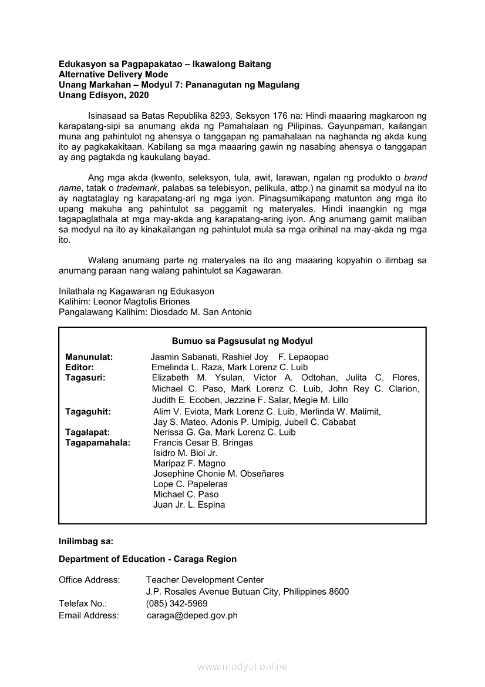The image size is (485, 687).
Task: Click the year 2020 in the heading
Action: click(x=139, y=95)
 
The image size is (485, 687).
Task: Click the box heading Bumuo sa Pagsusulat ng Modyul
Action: click(x=242, y=341)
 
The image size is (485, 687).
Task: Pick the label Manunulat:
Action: click(x=89, y=357)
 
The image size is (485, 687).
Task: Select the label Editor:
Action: click(x=79, y=367)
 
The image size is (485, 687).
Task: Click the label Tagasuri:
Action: click(x=85, y=377)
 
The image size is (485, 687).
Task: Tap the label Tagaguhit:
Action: click(x=87, y=412)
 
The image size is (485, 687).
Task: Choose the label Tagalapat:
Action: click(x=87, y=432)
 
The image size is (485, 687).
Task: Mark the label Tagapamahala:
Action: click(x=97, y=443)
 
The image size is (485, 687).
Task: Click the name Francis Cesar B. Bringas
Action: click(x=203, y=443)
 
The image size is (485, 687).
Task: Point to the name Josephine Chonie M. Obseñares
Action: click(x=218, y=474)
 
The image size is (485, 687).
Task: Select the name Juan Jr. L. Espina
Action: click(x=189, y=505)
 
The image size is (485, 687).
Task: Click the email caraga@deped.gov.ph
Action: click(x=192, y=615)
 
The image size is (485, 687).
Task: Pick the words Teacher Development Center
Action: click(x=205, y=580)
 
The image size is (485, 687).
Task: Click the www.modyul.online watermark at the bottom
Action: click(x=242, y=666)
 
